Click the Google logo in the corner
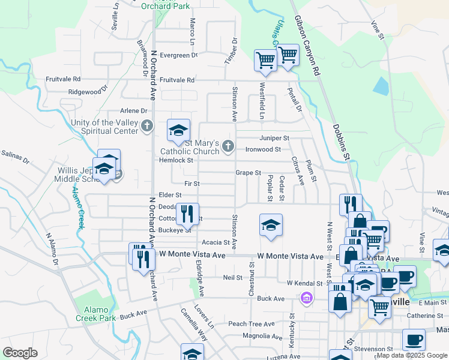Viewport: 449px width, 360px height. click(x=20, y=353)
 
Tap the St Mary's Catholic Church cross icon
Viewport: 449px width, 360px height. click(x=228, y=145)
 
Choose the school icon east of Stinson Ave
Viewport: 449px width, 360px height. click(x=271, y=225)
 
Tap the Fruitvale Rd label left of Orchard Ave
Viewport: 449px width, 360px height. click(x=64, y=79)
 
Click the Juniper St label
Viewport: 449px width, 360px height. click(x=274, y=138)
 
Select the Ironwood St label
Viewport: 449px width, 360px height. click(x=263, y=149)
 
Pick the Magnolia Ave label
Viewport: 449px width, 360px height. click(x=262, y=336)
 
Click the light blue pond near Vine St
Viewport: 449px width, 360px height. click(x=381, y=86)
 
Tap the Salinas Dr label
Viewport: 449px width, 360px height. click(x=14, y=157)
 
